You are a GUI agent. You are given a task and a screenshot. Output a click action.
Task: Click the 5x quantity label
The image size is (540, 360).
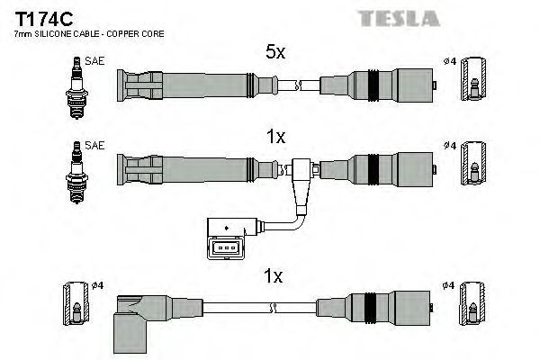[275, 53]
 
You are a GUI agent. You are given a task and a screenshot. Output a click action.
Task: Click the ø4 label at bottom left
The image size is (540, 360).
[99, 286]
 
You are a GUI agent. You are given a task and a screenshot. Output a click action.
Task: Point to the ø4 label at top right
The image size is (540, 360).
[449, 62]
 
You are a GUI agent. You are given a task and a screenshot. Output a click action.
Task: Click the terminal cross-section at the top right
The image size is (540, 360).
[473, 85]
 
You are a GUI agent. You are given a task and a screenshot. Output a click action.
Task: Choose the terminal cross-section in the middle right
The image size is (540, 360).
[473, 166]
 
